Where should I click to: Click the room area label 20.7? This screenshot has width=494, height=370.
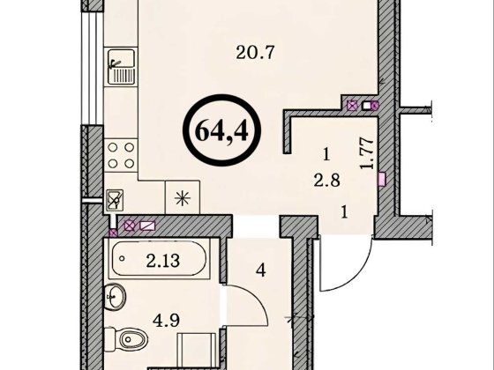pos(256,53)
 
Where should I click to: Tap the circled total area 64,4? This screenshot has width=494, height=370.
pos(221,131)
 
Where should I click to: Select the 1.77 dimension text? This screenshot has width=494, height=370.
pos(367,153)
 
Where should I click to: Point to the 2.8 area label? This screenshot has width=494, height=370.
pos(326,181)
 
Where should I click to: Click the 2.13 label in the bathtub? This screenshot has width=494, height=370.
pos(163,261)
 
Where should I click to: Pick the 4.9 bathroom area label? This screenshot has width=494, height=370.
pos(166,321)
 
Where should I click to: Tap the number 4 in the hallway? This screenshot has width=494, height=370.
pos(260,270)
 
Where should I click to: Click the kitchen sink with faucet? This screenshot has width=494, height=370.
pos(122,66)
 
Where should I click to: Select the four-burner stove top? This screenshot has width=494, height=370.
pos(121,155)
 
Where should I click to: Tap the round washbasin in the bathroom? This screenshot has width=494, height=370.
pos(115,296)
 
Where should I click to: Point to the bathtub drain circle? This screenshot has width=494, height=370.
pos(123,259)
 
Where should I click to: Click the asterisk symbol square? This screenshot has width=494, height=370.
pos(183,197)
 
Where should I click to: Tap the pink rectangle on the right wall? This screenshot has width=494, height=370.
pos(382,179)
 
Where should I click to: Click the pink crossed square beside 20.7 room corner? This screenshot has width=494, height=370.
pos(352,105)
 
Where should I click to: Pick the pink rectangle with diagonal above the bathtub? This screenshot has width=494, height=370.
pos(147,226)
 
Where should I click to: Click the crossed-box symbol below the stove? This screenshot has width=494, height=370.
pos(115,200)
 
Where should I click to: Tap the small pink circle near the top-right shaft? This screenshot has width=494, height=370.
pos(375,105)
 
